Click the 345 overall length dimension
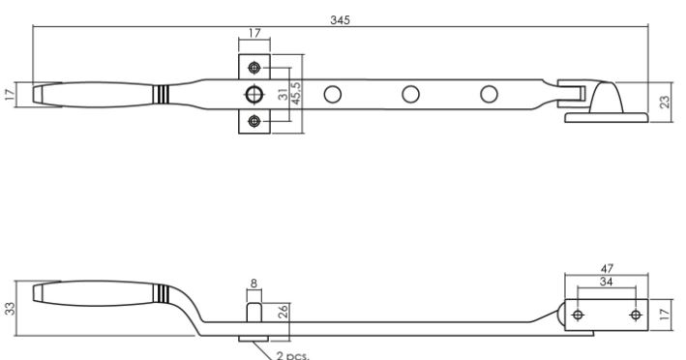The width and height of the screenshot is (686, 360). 340,20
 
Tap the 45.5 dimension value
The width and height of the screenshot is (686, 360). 296,94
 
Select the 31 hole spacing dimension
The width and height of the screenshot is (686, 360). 283,94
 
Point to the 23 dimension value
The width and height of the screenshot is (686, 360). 665,102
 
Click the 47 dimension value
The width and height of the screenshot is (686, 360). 607,268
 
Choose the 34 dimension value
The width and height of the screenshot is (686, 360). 606,282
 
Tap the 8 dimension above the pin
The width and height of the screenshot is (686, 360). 254,284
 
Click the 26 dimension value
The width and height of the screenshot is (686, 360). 283,312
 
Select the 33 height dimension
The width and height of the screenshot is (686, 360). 10,309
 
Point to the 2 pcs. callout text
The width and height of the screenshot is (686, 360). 292,355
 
